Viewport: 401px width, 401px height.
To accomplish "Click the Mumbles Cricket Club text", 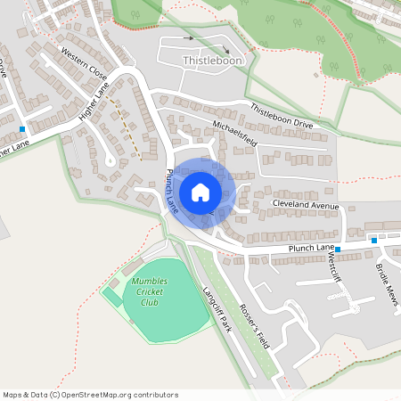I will (149, 291).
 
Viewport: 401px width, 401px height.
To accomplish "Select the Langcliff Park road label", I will (216, 308).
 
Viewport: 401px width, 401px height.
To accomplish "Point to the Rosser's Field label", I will (265, 311).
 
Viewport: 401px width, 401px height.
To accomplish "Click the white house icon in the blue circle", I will (200, 192).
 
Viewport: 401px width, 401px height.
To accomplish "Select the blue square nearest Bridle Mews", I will (373, 241).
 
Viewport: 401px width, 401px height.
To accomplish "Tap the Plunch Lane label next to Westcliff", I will (310, 248).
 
